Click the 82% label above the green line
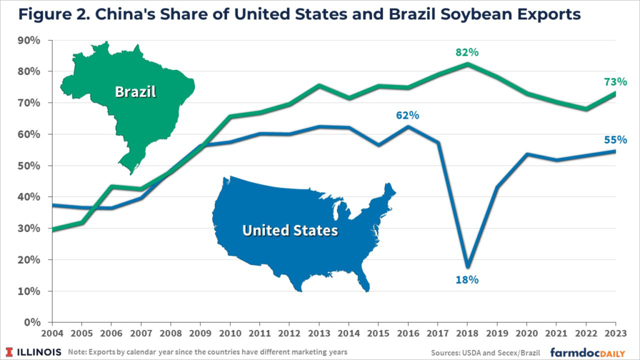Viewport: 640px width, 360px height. click(467, 53)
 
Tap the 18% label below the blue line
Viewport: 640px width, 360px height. click(467, 279)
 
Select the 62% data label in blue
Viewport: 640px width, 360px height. click(407, 115)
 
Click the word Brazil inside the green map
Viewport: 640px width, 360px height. click(135, 92)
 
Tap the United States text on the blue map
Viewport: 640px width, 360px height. click(290, 231)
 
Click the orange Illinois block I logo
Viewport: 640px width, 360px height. click(11, 351)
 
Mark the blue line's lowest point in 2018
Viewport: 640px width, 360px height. click(467, 266)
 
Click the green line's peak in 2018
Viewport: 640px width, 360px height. click(467, 64)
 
